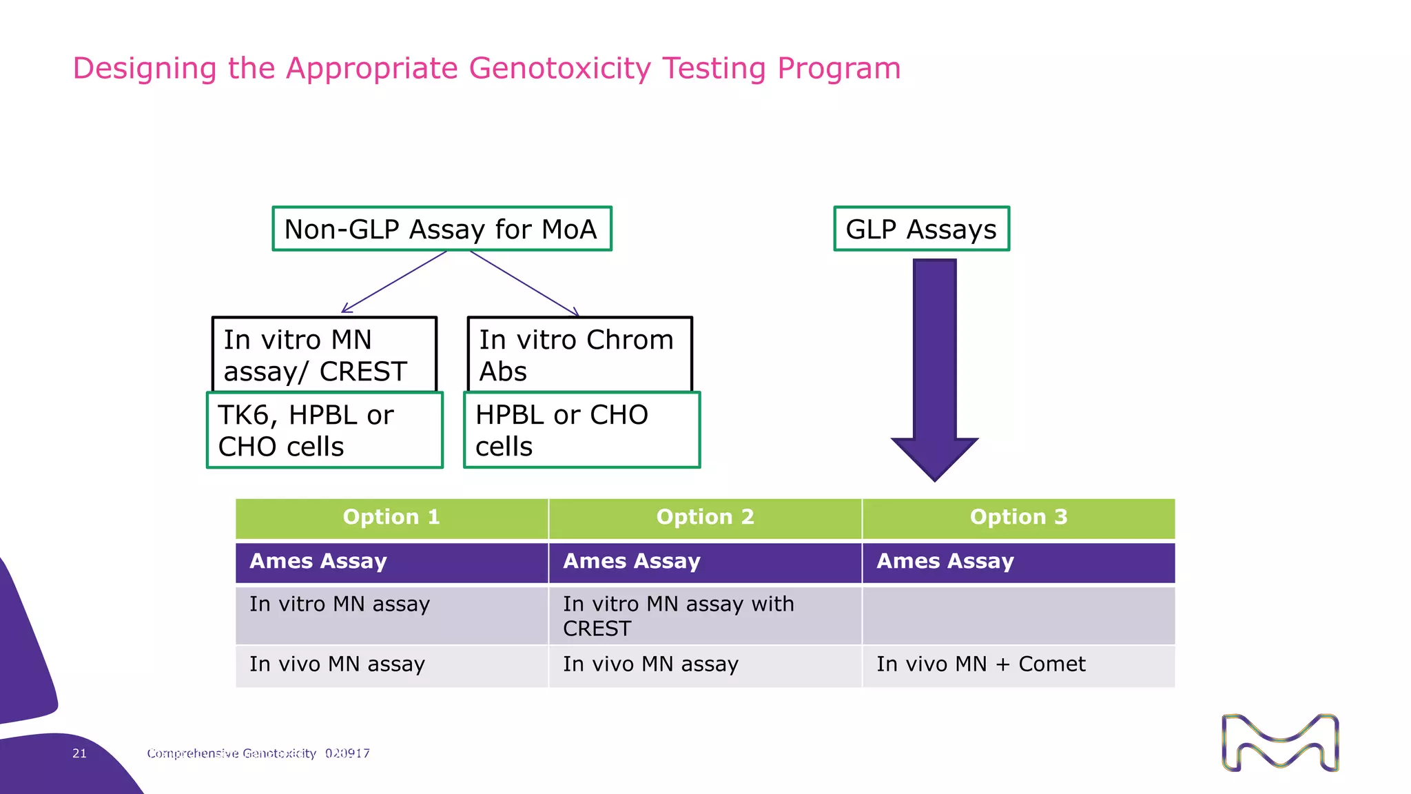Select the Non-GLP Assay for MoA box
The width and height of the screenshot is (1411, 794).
pos(442,229)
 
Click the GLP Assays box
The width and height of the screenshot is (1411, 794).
pos(921,229)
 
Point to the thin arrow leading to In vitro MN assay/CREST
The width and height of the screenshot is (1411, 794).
pos(394,282)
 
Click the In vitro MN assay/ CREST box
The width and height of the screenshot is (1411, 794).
pos(324,355)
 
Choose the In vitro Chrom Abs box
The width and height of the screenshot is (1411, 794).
pos(579,355)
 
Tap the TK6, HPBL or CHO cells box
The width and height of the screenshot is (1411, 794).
pos(325,430)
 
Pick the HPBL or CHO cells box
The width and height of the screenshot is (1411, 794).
pos(581,430)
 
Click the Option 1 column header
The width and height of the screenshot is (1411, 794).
pos(391,518)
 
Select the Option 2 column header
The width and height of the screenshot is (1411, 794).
pos(705,518)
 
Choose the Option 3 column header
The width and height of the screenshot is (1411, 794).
pos(1018,518)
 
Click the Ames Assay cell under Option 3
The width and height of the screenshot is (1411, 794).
pos(1018,562)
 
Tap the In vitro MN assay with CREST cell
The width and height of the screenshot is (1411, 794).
pos(705,615)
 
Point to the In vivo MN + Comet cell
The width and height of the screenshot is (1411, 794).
pos(1018,664)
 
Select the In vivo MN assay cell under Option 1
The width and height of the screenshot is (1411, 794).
pos(391,664)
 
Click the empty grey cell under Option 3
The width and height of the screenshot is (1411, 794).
pos(1018,615)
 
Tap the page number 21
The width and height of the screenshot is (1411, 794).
pos(80,753)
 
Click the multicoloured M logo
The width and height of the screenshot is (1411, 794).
pos(1279,743)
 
